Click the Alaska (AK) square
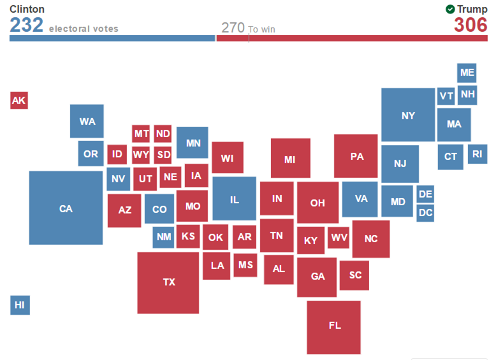pyautogui.click(x=19, y=100)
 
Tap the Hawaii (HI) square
pyautogui.click(x=20, y=305)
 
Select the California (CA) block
pyautogui.click(x=66, y=208)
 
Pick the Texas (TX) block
pyautogui.click(x=168, y=282)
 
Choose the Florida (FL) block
pyautogui.click(x=334, y=326)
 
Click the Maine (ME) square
pyautogui.click(x=467, y=73)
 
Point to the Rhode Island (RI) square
pyautogui.click(x=478, y=154)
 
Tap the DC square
pyautogui.click(x=425, y=213)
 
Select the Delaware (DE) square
pyautogui.click(x=425, y=194)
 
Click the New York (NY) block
pyautogui.click(x=408, y=115)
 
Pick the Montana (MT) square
pyautogui.click(x=141, y=134)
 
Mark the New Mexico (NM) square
pyautogui.click(x=164, y=237)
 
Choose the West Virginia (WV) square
pyautogui.click(x=339, y=238)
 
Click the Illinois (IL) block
pyautogui.click(x=234, y=199)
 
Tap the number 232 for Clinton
pyautogui.click(x=27, y=25)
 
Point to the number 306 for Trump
pyautogui.click(x=470, y=25)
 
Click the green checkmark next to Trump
pyautogui.click(x=450, y=9)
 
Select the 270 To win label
pyautogui.click(x=247, y=28)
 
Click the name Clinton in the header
pyautogui.click(x=27, y=9)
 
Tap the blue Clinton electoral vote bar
pyautogui.click(x=112, y=38)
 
